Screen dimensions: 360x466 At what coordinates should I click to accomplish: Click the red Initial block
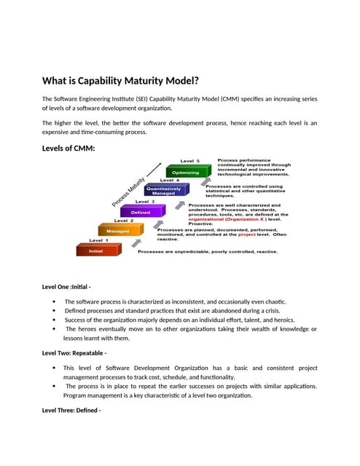pyautogui.click(x=95, y=250)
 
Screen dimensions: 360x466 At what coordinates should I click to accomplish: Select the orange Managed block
pyautogui.click(x=118, y=231)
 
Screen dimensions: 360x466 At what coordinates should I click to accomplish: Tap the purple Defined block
pyautogui.click(x=140, y=212)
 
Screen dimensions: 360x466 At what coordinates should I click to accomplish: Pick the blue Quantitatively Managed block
pyautogui.click(x=164, y=191)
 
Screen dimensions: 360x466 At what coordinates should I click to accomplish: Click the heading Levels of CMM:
pyautogui.click(x=69, y=149)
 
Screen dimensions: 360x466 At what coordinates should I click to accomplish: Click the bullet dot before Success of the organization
pyautogui.click(x=55, y=320)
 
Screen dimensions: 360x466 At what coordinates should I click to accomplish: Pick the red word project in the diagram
pyautogui.click(x=246, y=234)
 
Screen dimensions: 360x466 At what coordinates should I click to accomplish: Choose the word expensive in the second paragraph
pyautogui.click(x=58, y=132)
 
